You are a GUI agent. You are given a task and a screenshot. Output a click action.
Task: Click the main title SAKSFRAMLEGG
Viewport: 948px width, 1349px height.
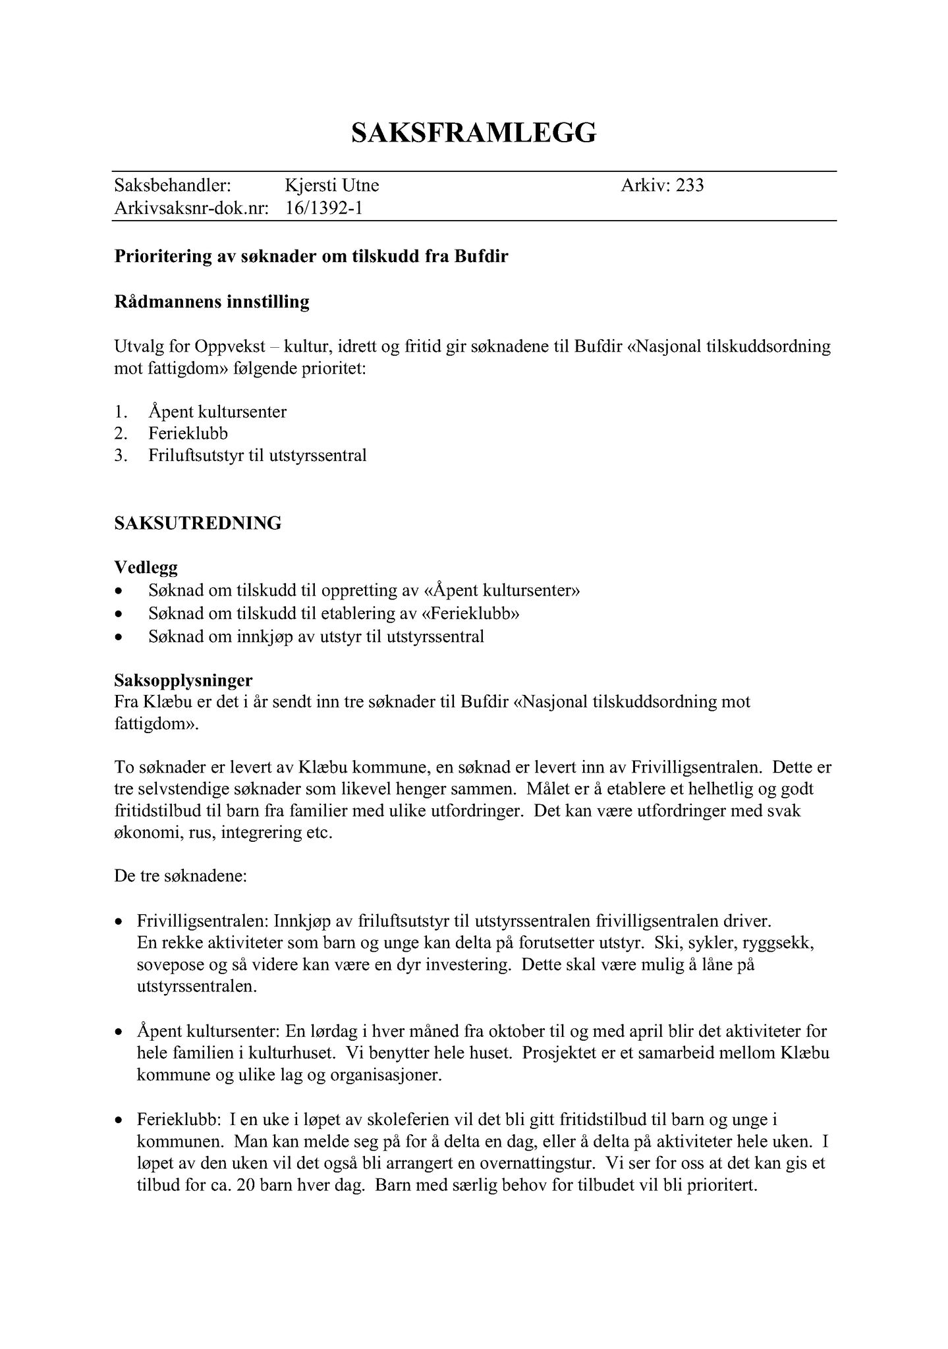[x=474, y=132]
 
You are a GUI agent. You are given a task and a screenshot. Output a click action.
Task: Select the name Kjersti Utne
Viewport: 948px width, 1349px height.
[x=332, y=186]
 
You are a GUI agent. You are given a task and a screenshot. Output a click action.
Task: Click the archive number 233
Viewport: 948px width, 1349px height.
[x=690, y=186]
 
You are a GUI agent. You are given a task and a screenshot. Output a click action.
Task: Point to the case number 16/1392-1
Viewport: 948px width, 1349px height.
[x=324, y=209]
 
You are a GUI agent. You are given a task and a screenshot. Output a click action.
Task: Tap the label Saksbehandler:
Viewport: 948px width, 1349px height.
[x=173, y=186]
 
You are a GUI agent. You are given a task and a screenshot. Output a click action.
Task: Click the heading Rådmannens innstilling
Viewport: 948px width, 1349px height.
[x=211, y=302]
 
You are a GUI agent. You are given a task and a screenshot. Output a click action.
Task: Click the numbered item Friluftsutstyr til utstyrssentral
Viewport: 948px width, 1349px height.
[x=257, y=455]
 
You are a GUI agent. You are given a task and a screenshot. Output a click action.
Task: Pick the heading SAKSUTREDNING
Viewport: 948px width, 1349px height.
[x=198, y=523]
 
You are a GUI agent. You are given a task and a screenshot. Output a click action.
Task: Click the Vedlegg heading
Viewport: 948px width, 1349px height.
[x=146, y=567]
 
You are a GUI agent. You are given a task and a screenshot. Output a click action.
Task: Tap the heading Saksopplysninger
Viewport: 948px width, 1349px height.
[x=183, y=679]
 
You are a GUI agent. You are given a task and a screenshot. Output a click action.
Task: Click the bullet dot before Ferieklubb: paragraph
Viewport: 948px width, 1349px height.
[x=119, y=1120]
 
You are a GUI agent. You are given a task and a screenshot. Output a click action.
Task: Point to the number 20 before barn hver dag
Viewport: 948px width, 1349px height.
[x=229, y=1186]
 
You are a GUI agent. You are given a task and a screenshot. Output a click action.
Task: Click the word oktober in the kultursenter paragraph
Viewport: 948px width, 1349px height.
[x=531, y=1031]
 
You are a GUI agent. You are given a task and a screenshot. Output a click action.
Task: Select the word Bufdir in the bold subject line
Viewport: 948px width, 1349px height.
[x=481, y=256]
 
